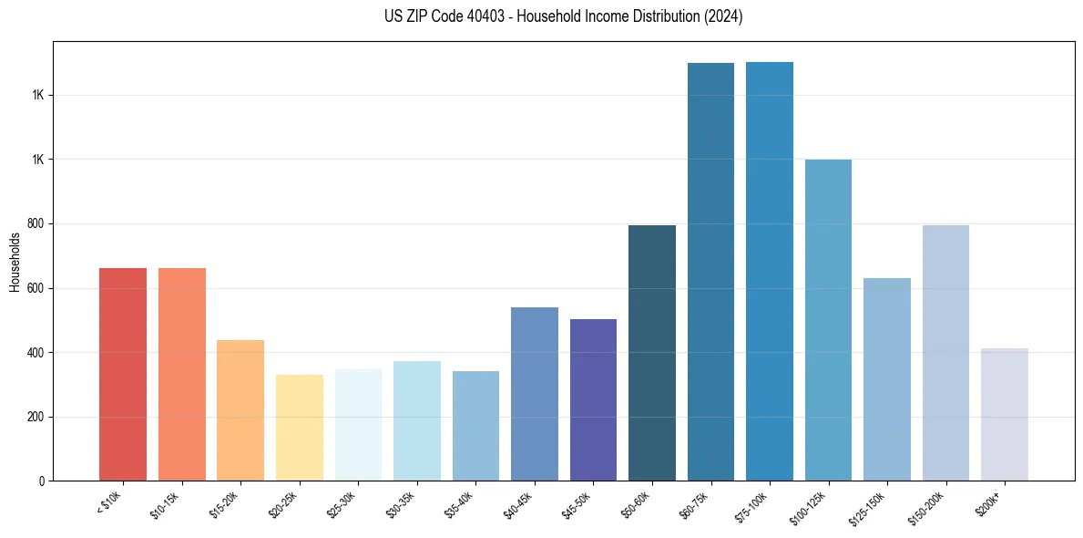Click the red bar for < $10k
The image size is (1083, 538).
tap(123, 374)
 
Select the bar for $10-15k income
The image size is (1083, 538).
tap(182, 374)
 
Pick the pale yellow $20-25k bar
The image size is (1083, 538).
tap(300, 428)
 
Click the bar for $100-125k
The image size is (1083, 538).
tap(828, 320)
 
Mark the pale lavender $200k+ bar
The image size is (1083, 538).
tap(1005, 414)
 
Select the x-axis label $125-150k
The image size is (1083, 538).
tap(870, 506)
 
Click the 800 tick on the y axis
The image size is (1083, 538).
tap(37, 224)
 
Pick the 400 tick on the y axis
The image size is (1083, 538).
tap(37, 353)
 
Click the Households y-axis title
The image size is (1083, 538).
tap(15, 262)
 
